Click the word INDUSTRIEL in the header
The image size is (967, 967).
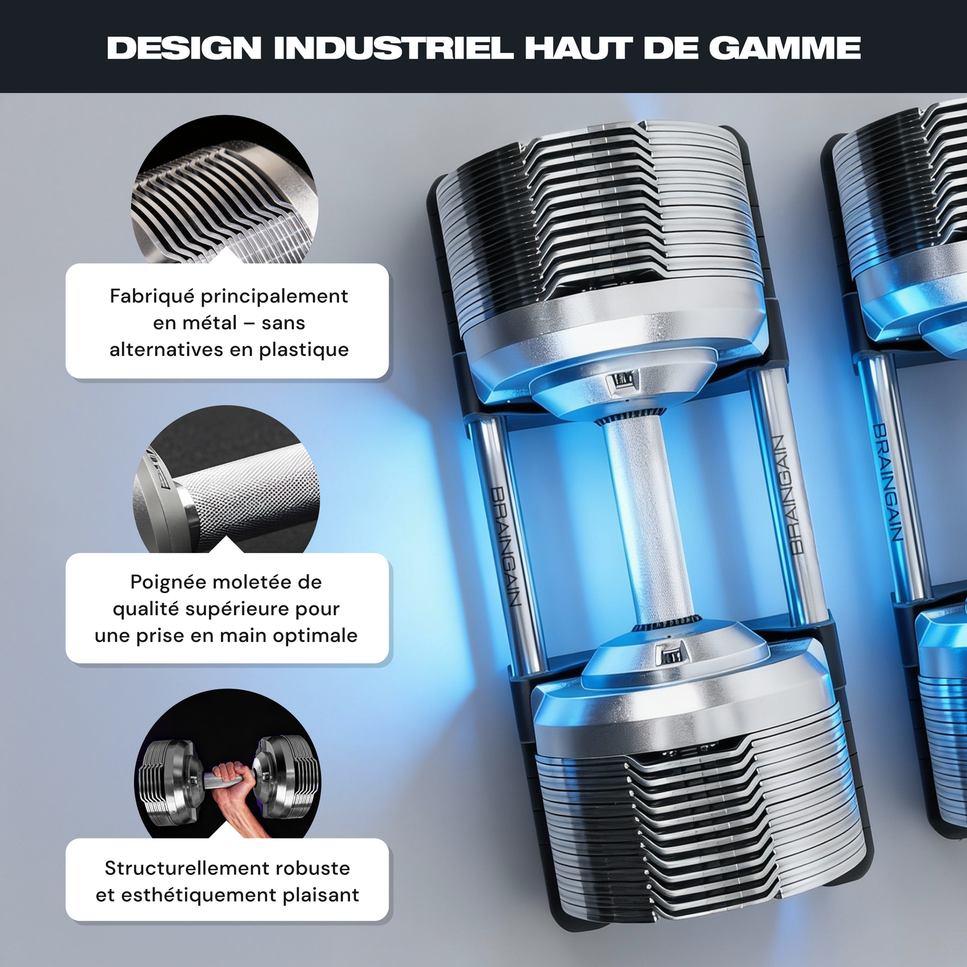(394, 48)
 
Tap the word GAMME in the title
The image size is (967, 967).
(785, 48)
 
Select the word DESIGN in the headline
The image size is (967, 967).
(184, 48)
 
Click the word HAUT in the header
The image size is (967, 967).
(578, 48)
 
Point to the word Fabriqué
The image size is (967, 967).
(152, 296)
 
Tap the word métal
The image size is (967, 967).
(211, 322)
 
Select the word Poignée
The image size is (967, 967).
(168, 582)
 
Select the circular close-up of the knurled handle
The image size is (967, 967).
(226, 479)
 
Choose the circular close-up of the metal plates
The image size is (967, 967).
(225, 190)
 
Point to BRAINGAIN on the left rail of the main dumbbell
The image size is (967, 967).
(506, 547)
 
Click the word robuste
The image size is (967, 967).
(316, 868)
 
